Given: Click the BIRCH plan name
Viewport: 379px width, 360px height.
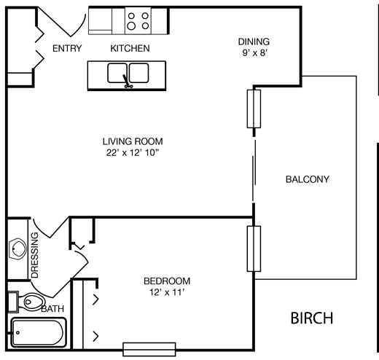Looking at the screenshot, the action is click(312, 318).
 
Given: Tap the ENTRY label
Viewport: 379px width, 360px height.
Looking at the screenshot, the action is click(67, 48).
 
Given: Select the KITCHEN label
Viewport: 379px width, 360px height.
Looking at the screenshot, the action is click(130, 48).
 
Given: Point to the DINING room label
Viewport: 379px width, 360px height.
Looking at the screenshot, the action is click(254, 42).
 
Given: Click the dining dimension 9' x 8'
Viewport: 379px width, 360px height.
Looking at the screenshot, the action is click(254, 52).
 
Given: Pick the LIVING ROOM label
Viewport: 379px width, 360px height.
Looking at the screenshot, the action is click(133, 141).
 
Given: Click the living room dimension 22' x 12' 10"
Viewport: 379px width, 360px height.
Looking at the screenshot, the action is click(133, 152).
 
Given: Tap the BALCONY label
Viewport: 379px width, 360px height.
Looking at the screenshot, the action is click(308, 179).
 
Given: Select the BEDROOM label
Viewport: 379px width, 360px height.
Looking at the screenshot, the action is click(167, 281).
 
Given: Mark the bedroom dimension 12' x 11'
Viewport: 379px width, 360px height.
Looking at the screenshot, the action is click(167, 292).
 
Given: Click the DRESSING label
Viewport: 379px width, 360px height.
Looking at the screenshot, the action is click(35, 255).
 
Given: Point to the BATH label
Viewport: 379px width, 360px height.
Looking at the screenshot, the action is click(52, 309).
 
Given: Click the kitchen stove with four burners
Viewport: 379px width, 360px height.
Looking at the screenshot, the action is click(138, 20).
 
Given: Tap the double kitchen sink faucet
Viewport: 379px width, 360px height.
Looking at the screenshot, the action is click(127, 82).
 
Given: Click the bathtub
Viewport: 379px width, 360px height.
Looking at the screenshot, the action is click(37, 332).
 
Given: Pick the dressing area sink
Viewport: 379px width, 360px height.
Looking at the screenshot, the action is click(17, 249).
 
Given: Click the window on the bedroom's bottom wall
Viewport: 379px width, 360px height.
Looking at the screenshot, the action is click(149, 349).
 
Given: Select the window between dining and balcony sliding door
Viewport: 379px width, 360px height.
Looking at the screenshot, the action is click(254, 109).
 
